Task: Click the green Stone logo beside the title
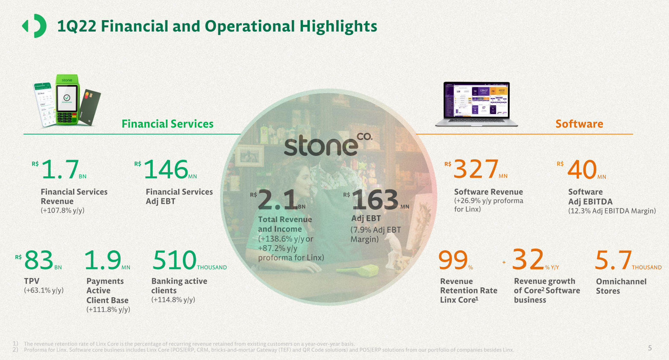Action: (x=34, y=26)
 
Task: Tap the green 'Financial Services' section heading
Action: (x=167, y=124)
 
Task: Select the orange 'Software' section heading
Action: (x=579, y=124)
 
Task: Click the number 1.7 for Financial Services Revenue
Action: (x=60, y=170)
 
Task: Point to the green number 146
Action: (x=166, y=170)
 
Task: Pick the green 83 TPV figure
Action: (x=39, y=260)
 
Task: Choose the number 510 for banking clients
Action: (x=174, y=260)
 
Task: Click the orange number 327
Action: (x=475, y=170)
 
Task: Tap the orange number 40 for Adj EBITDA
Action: (x=582, y=170)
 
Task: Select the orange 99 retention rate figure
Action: (x=453, y=260)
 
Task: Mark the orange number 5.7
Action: (x=613, y=260)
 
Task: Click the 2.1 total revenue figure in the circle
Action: (x=278, y=200)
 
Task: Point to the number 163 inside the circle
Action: (x=375, y=200)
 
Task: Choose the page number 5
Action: (x=650, y=348)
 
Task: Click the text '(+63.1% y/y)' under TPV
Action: (x=44, y=290)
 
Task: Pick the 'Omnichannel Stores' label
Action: (x=621, y=286)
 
